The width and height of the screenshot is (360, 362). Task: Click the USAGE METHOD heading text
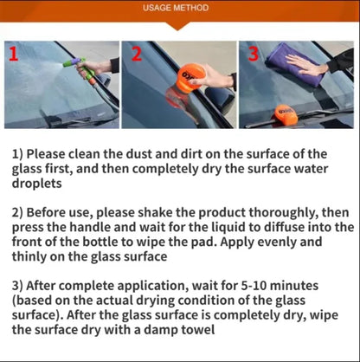pos(176,8)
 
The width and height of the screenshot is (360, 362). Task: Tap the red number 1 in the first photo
pos(14,54)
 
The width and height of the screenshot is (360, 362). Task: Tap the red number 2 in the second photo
pos(137,54)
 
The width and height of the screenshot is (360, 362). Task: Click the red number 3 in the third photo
pos(254,54)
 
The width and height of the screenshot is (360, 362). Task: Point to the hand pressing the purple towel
pos(305,65)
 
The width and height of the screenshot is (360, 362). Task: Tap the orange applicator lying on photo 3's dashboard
pos(286,115)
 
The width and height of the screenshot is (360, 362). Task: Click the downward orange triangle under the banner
pos(177,26)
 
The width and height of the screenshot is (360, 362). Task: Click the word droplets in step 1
pos(36,184)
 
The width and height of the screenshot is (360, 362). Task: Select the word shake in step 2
pos(155,212)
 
